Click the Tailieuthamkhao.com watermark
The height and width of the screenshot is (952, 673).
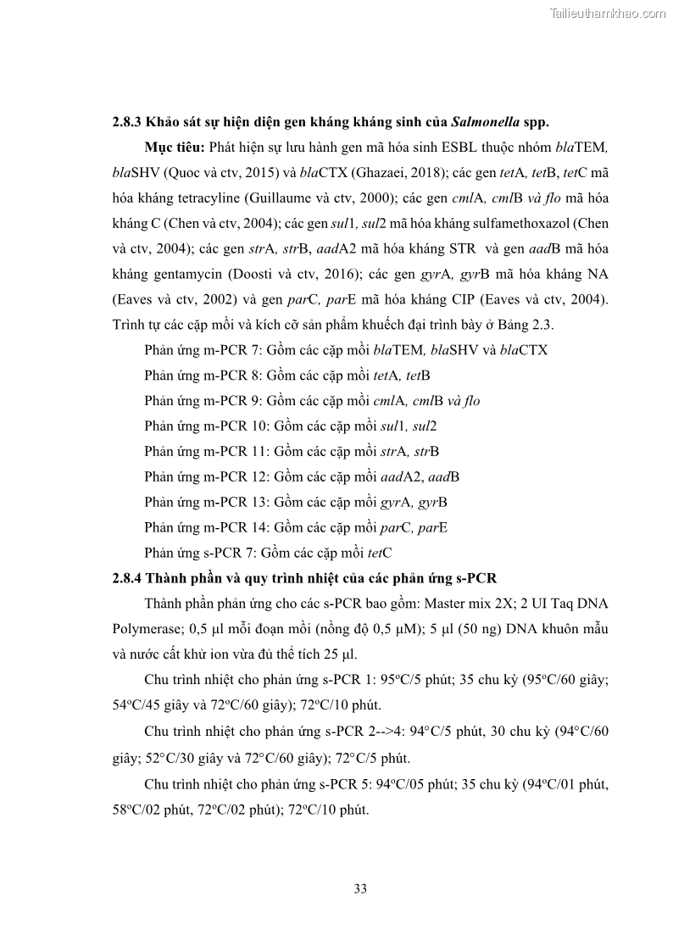608,13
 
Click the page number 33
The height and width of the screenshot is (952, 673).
359,888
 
